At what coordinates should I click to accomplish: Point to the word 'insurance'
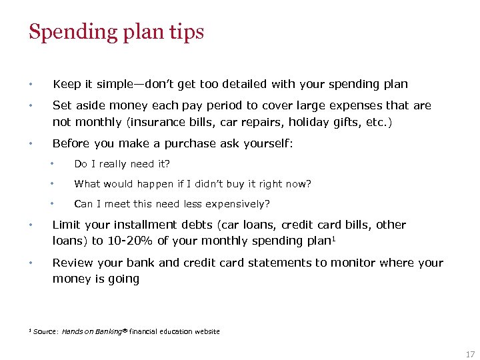click(x=159, y=121)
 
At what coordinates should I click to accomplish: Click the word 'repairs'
click(x=256, y=121)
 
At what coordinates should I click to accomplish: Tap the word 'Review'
click(x=72, y=263)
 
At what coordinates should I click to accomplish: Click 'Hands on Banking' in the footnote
click(x=92, y=331)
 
